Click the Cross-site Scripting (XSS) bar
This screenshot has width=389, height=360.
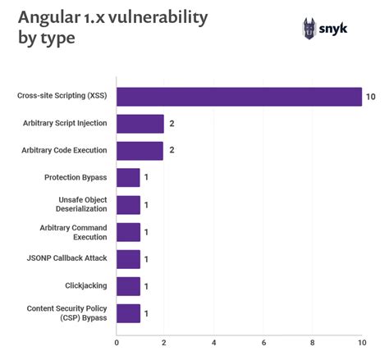(x=239, y=97)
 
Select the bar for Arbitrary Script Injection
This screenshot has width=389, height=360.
(x=140, y=124)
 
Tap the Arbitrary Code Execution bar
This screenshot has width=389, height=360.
(x=140, y=151)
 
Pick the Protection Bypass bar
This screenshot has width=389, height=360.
(x=128, y=178)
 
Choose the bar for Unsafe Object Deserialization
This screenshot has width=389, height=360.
(x=128, y=205)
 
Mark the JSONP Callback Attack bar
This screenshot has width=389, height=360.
(x=128, y=259)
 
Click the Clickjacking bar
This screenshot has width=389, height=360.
(x=128, y=286)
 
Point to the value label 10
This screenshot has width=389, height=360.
(x=371, y=97)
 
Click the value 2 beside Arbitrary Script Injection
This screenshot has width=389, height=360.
(x=172, y=124)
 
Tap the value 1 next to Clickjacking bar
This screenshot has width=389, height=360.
(x=147, y=286)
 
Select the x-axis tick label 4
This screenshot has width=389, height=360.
(x=214, y=343)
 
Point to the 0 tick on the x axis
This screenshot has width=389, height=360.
(x=117, y=343)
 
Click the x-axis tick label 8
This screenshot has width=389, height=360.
(x=313, y=343)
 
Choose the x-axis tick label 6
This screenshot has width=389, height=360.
(x=263, y=343)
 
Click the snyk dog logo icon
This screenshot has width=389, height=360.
(x=309, y=29)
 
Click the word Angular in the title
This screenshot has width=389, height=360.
(x=50, y=19)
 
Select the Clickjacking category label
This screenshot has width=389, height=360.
(x=86, y=286)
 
